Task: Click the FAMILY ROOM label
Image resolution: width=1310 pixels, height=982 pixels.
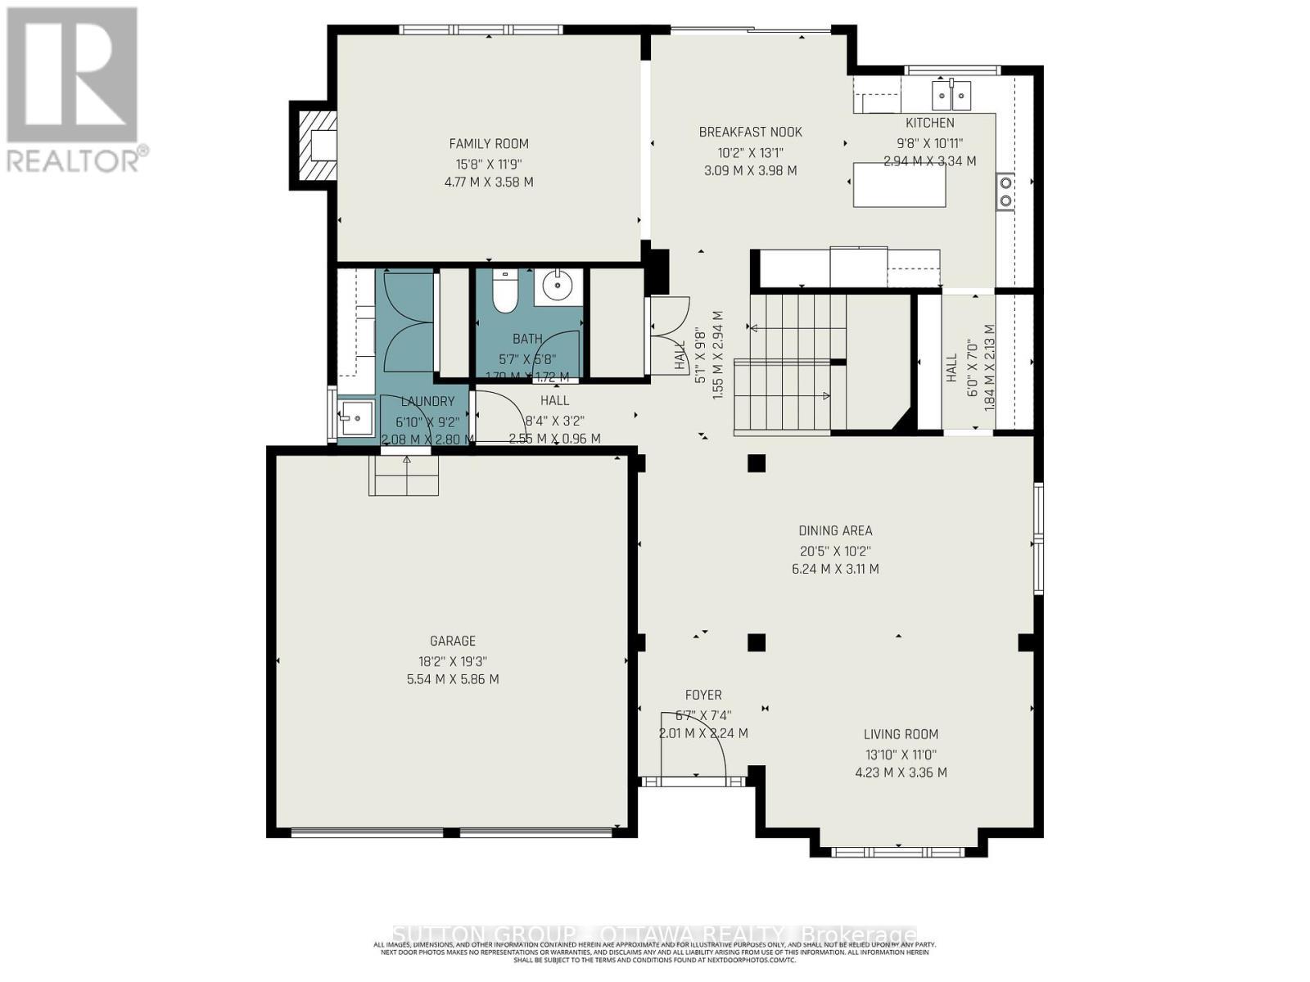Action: [x=489, y=143]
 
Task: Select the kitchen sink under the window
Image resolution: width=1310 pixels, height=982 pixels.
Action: [x=951, y=97]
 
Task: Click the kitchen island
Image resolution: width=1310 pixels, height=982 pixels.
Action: [x=899, y=184]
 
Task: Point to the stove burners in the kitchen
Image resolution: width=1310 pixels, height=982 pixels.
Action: [x=1005, y=191]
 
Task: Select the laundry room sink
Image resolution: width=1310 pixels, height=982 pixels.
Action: [x=355, y=419]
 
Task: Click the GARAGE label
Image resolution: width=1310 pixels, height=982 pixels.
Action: [x=453, y=641]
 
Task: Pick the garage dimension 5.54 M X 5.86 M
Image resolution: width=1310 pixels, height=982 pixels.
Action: [x=453, y=679]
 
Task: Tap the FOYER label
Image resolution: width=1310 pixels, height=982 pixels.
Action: [x=703, y=695]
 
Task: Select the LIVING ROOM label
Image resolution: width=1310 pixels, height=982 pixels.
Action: [x=901, y=734]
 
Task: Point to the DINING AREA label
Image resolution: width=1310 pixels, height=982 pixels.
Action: [x=835, y=530]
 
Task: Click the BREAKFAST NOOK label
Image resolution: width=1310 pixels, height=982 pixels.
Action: [x=750, y=132]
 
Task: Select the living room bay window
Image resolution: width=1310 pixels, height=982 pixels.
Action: [x=898, y=852]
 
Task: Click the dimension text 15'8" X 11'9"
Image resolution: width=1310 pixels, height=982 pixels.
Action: [x=489, y=163]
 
